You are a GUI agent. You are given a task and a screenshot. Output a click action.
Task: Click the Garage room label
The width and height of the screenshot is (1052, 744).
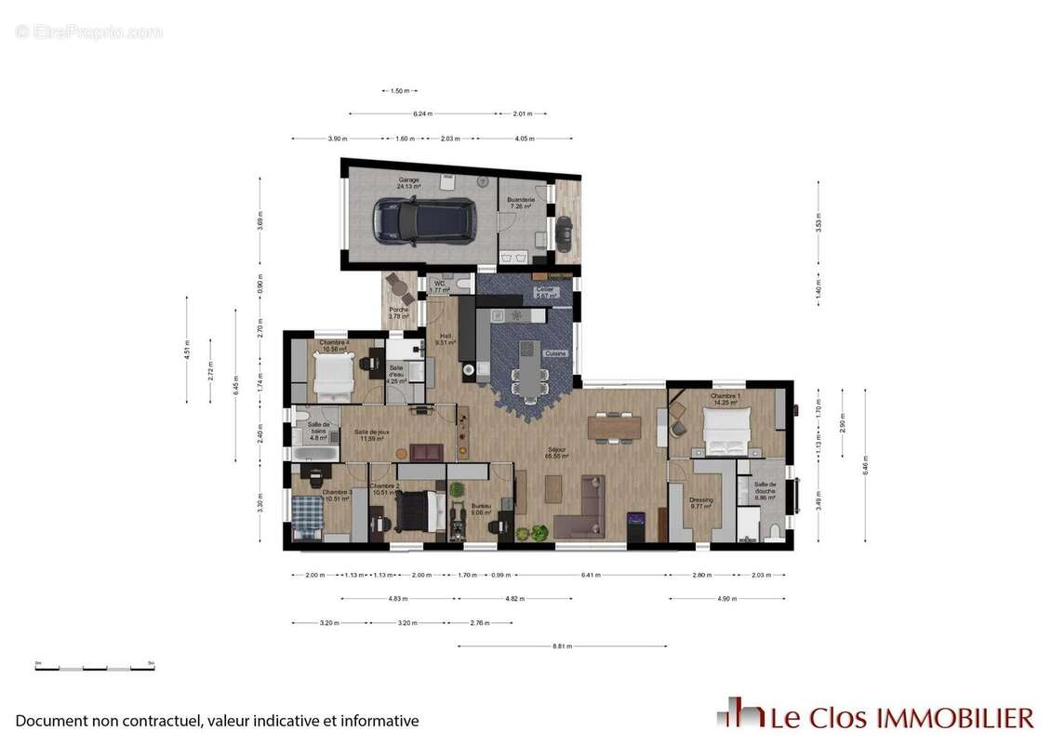[x=408, y=180]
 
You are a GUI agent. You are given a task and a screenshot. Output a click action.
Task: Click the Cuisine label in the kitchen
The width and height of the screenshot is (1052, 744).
[x=555, y=353]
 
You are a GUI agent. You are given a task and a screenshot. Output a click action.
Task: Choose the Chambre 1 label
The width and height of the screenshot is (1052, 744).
[x=726, y=397]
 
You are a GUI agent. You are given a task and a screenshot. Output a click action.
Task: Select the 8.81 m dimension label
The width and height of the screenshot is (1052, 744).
[x=562, y=645]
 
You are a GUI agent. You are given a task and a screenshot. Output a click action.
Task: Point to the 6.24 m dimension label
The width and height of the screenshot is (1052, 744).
[x=423, y=113]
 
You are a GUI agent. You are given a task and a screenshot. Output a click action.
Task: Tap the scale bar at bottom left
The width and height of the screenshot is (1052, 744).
[x=94, y=666]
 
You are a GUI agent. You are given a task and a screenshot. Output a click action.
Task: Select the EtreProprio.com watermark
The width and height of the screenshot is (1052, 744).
[x=88, y=32]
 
